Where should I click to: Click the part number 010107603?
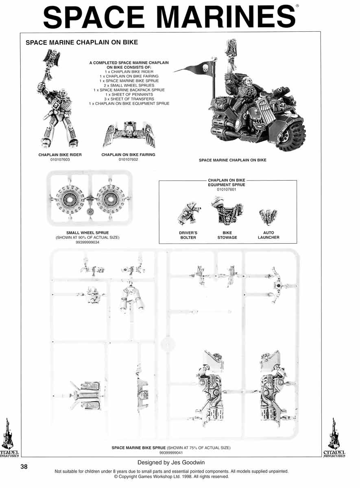coord(60,159)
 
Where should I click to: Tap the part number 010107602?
coord(128,159)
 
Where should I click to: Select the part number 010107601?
coord(227,190)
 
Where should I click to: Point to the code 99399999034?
coord(87,242)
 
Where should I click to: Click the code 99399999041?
coord(171,453)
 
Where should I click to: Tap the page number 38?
coord(24,466)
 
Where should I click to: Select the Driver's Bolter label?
coord(188,235)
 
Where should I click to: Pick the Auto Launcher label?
coord(268,235)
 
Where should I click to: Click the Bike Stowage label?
coord(227,235)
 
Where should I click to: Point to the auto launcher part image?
coord(268,216)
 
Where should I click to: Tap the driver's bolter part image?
coord(189,214)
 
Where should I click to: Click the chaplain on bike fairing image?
coord(129,135)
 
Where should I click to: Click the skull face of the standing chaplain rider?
coord(63,94)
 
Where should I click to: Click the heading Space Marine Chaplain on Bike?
coord(82,42)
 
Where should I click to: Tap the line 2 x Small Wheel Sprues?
coord(129,85)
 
